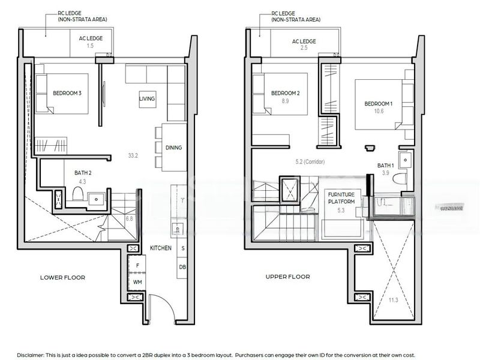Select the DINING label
[x=173, y=148]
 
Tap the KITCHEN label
[x=160, y=248]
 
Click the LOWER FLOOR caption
[x=62, y=278]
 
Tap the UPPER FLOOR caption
[x=287, y=277]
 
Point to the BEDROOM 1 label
[x=379, y=104]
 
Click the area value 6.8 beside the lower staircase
[x=129, y=219]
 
